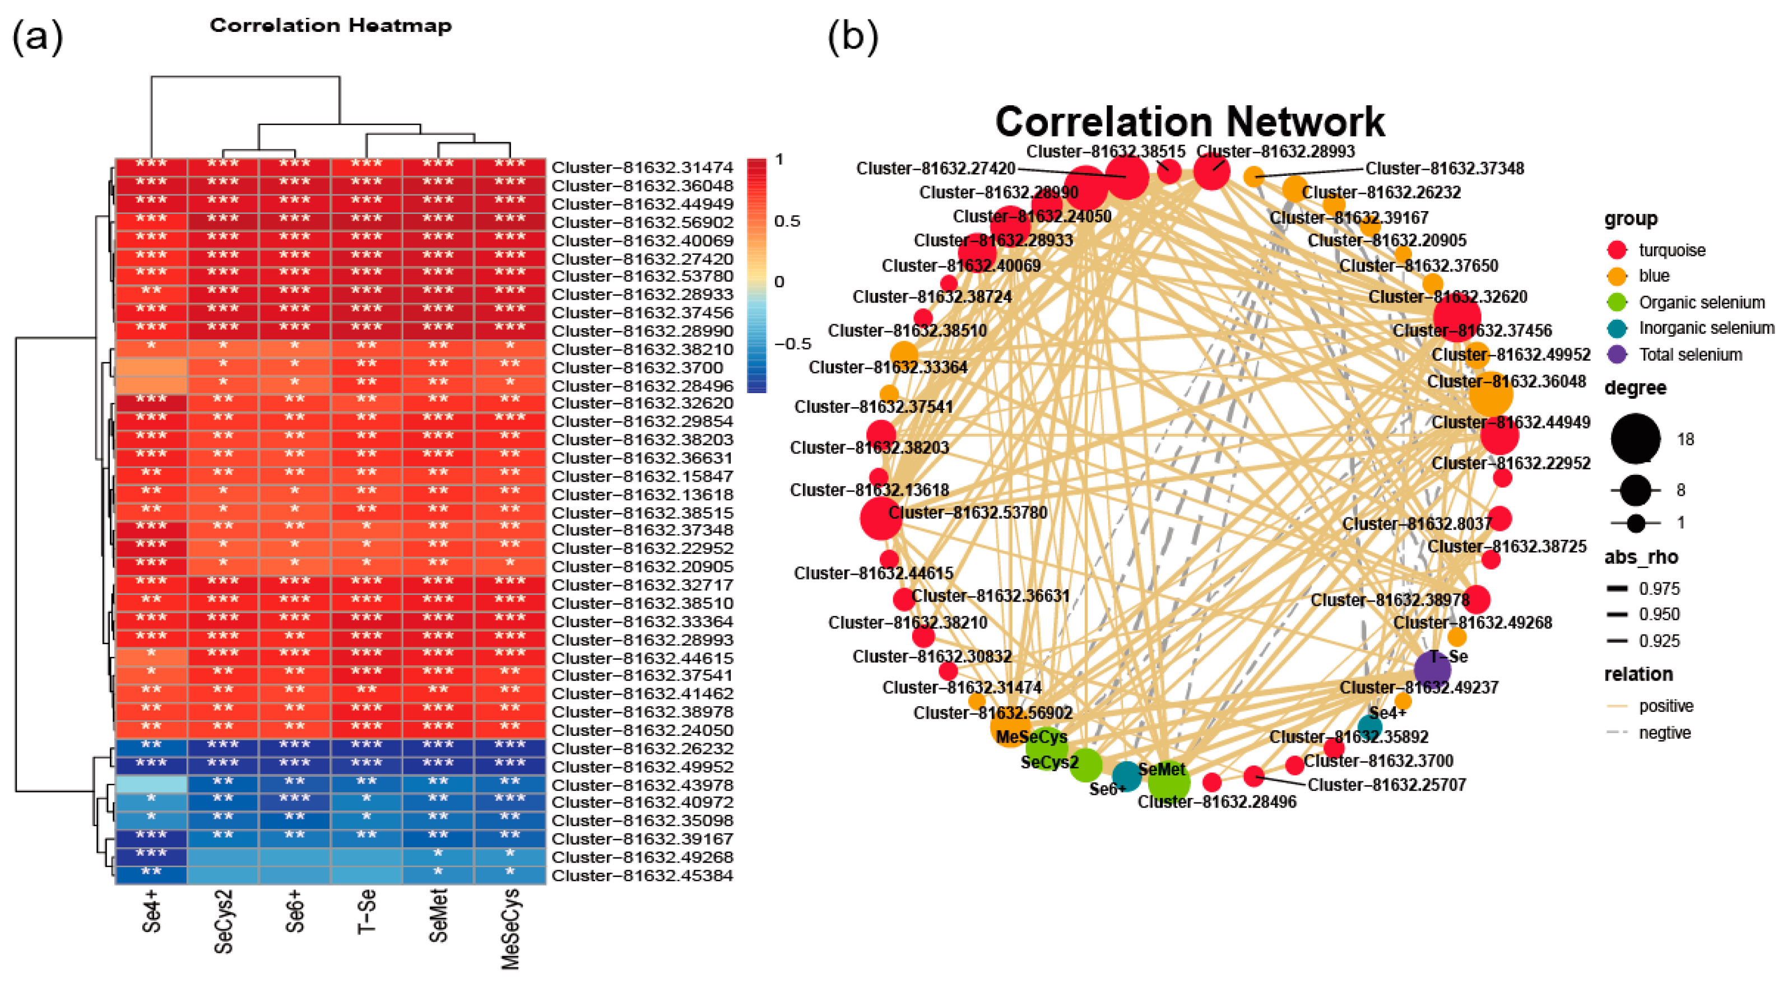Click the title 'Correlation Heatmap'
pos(330,26)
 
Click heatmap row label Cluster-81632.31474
pos(642,167)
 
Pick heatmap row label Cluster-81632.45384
pos(642,875)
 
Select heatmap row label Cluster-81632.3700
pos(637,367)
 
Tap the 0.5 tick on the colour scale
pos(787,221)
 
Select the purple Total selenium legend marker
pos(1617,355)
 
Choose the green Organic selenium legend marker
pos(1617,302)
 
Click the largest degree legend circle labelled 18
pos(1635,439)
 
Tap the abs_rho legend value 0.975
pos(1659,589)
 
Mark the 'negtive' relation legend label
pos(1664,733)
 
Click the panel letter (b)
pos(853,36)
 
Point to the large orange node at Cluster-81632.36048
pos(1490,393)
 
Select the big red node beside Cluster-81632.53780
pos(880,517)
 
